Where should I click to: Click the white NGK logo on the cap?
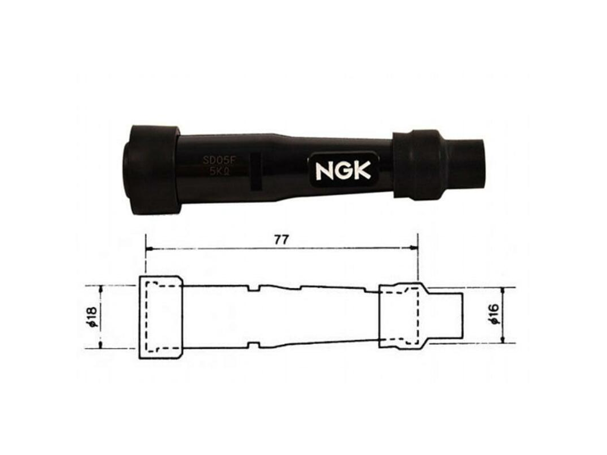coord(343,171)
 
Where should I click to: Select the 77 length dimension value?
coord(281,239)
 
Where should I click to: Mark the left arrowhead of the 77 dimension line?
coord(149,249)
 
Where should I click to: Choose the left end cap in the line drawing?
coord(160,317)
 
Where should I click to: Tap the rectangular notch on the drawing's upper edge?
coord(253,288)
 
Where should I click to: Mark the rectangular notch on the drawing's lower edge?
coord(253,347)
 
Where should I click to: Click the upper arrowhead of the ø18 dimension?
coord(101,288)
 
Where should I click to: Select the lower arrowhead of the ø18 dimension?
coord(101,346)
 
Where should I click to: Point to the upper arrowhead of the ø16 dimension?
coord(504,291)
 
